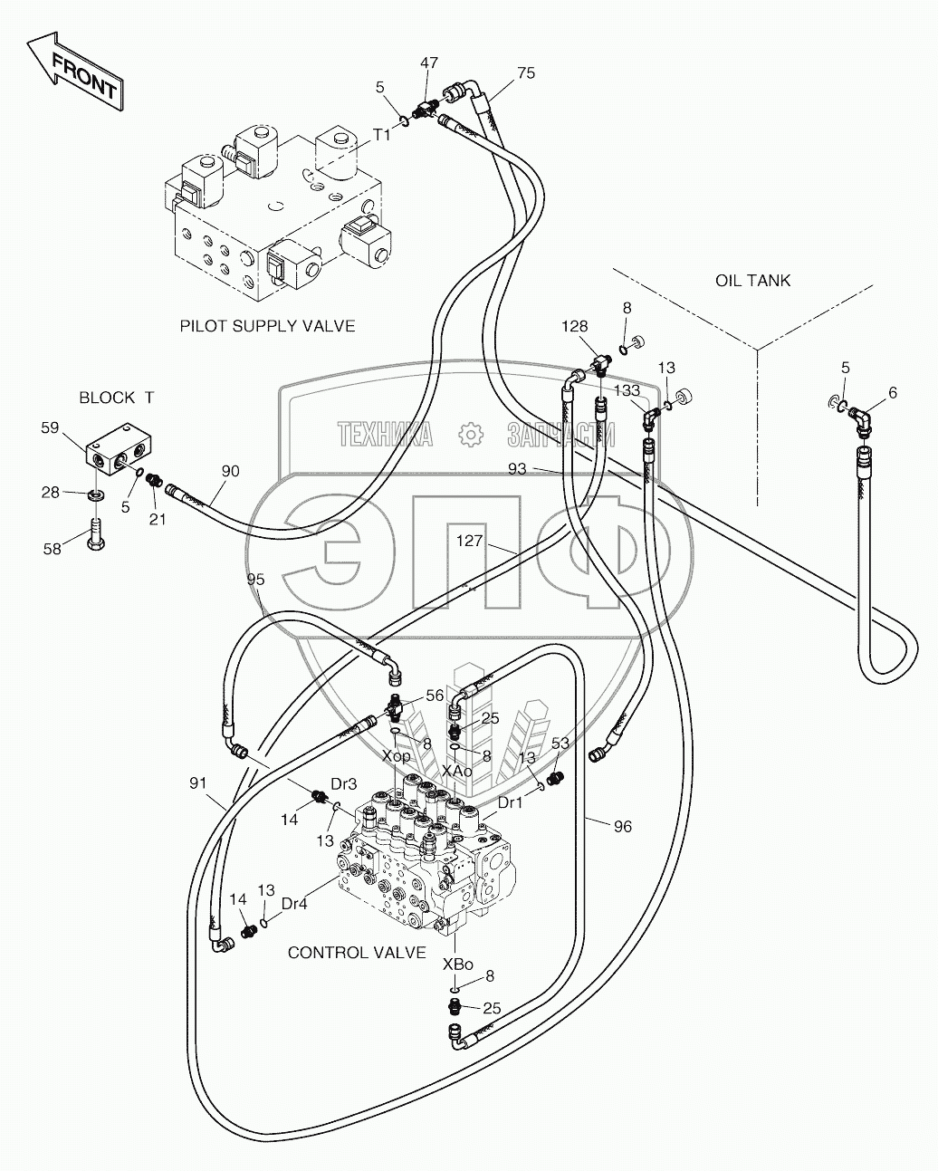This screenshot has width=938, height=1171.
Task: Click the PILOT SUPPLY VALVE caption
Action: (x=267, y=326)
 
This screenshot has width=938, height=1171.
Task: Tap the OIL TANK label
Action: (x=752, y=280)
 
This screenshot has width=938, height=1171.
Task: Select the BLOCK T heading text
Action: (x=117, y=397)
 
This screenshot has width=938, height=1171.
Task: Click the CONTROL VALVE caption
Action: (x=357, y=952)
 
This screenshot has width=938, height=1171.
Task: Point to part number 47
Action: (x=429, y=63)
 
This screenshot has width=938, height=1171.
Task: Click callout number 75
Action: (x=526, y=73)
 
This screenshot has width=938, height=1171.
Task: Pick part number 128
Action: (x=574, y=327)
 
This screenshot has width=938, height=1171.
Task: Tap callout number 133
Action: (x=627, y=390)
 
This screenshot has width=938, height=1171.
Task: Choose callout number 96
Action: (x=622, y=826)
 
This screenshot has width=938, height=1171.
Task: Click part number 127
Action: (x=472, y=542)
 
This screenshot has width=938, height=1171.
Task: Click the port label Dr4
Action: (x=295, y=903)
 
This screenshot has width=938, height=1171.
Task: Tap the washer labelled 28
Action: (x=96, y=495)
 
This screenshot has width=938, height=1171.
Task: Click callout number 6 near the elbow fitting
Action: (x=892, y=392)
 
